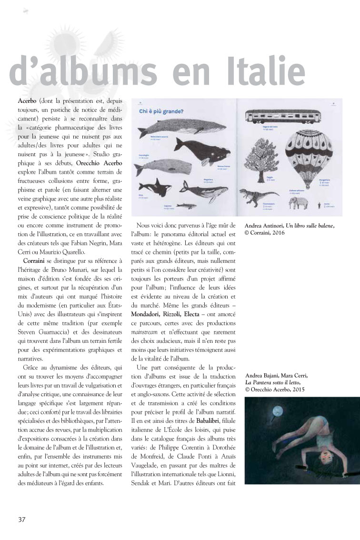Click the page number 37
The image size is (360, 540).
coord(21,519)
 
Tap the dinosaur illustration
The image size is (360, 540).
coord(258,195)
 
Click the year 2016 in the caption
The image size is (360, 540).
coord(283,233)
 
